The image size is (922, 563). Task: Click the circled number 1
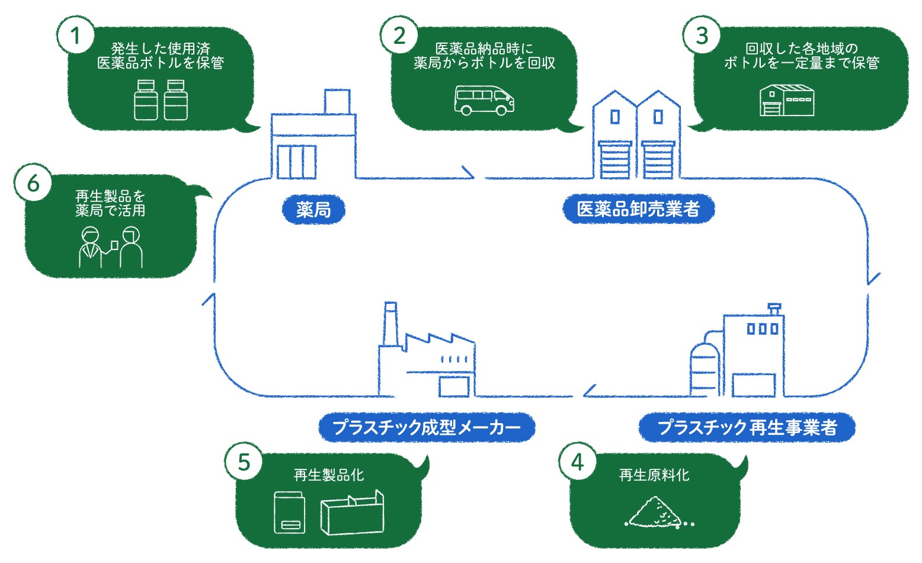pyautogui.click(x=76, y=36)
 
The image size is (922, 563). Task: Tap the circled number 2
pyautogui.click(x=400, y=36)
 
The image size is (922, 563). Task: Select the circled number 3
pyautogui.click(x=702, y=36)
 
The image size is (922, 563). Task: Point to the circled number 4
pyautogui.click(x=577, y=462)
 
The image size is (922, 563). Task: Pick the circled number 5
pyautogui.click(x=244, y=462)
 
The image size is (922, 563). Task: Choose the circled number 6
pyautogui.click(x=33, y=183)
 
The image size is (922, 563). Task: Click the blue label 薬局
pyautogui.click(x=313, y=209)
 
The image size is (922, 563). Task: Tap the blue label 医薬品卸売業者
pyautogui.click(x=638, y=209)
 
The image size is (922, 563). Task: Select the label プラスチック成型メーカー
pyautogui.click(x=426, y=427)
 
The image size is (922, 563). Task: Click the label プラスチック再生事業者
pyautogui.click(x=747, y=427)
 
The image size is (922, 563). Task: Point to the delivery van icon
pyautogui.click(x=484, y=100)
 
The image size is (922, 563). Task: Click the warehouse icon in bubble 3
pyautogui.click(x=787, y=100)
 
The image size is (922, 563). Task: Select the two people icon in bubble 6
pyautogui.click(x=111, y=247)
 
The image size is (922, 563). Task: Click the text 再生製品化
pyautogui.click(x=328, y=475)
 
